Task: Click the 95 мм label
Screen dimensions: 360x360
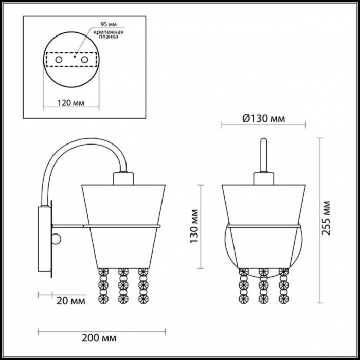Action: tap(109, 24)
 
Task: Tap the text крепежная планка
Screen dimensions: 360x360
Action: tap(109, 34)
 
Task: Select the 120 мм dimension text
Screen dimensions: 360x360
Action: tap(71, 103)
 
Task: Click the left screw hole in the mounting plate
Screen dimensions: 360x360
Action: tap(59, 60)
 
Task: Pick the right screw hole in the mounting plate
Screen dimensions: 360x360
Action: tap(84, 60)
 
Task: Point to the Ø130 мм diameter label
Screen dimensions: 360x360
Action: tap(263, 119)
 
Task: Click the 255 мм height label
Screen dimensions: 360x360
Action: tap(326, 218)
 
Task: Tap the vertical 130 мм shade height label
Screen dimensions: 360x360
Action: tap(194, 226)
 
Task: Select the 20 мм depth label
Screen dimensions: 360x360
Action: tap(71, 301)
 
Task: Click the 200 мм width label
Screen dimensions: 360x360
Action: tap(99, 338)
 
